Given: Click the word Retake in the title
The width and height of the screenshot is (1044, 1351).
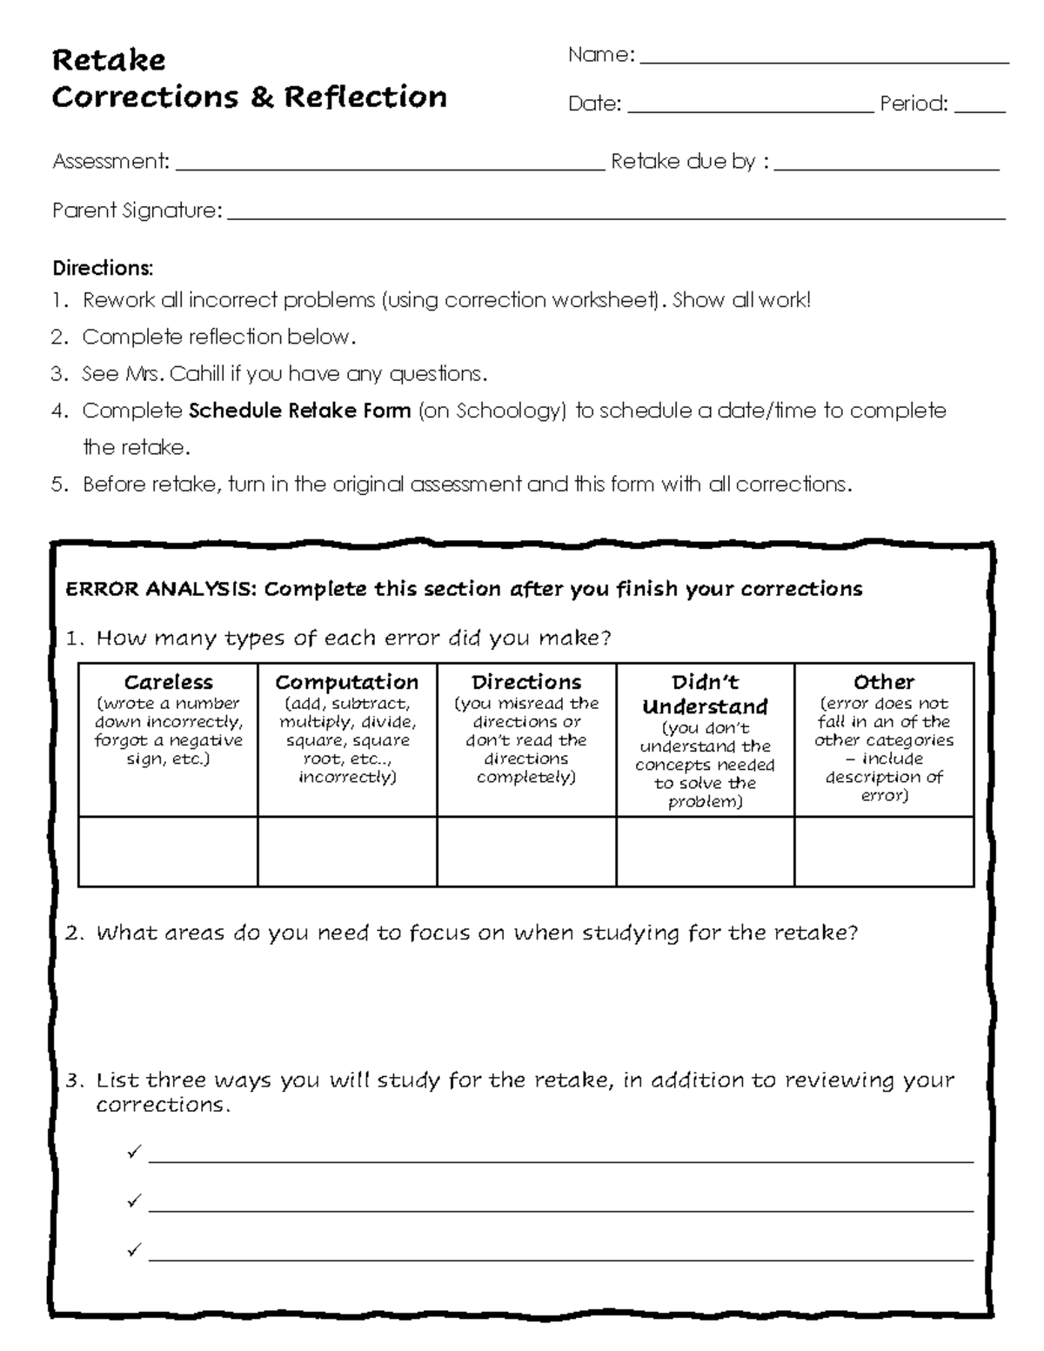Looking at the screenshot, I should (109, 60).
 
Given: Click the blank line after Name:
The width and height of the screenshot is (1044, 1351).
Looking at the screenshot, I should (823, 61).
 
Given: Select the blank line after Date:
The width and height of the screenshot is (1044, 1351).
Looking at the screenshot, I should (749, 110).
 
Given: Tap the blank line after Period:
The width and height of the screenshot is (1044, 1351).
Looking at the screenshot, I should (980, 110).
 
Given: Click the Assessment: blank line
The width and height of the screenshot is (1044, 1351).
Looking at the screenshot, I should (389, 167).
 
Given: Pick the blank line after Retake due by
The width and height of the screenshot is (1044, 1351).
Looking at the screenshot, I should (886, 167).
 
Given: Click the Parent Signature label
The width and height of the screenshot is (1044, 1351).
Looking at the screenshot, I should (137, 211).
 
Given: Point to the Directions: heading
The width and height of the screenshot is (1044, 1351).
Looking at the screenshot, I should (103, 267).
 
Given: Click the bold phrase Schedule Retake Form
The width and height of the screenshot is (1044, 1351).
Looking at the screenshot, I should (299, 411).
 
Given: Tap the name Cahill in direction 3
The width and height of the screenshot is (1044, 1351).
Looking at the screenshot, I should (197, 374).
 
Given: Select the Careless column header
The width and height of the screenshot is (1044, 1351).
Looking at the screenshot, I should (168, 682).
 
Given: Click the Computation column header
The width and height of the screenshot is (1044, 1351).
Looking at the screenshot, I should (347, 682).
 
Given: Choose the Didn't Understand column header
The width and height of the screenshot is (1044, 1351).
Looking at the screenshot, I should (705, 694).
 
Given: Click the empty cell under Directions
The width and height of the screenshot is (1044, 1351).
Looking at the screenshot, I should (526, 852).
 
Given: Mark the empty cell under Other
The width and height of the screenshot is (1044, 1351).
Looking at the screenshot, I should (884, 852).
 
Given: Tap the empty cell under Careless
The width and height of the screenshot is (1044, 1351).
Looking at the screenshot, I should (168, 852).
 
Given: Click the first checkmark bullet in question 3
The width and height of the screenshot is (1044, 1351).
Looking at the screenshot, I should (133, 1153).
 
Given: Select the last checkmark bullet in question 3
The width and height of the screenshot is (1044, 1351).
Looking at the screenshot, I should (133, 1250).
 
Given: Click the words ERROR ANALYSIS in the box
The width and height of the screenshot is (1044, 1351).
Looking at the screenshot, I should (160, 590).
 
